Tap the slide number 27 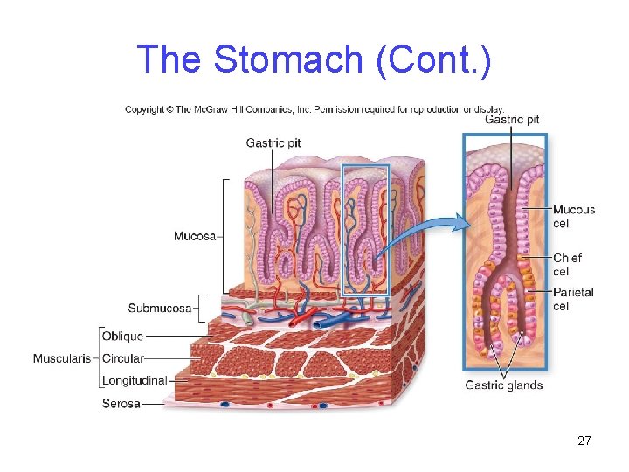(584, 441)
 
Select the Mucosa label (194, 236)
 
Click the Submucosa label (159, 308)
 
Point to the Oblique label (122, 336)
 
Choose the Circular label (123, 358)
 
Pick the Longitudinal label (134, 381)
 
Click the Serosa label (121, 404)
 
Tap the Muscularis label (62, 358)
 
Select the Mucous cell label (573, 216)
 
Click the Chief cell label (567, 264)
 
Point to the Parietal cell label (572, 299)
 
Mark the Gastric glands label (503, 385)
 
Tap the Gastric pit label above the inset (511, 120)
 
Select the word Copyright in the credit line (147, 109)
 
